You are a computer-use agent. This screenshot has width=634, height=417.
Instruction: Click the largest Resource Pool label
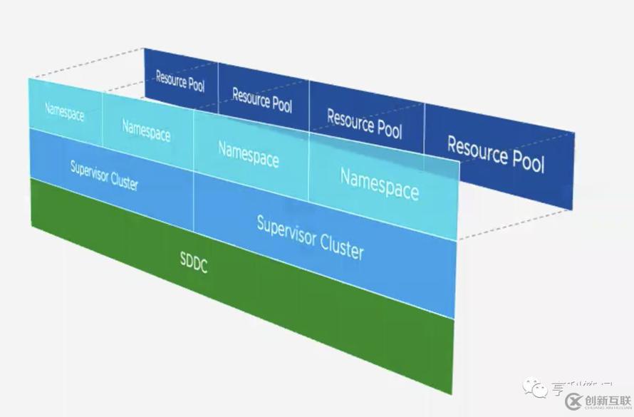(x=495, y=154)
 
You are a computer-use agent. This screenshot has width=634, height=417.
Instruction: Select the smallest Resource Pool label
(x=180, y=81)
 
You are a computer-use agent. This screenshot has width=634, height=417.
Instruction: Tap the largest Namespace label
(x=379, y=183)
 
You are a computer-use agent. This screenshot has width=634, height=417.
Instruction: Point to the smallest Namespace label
(x=64, y=112)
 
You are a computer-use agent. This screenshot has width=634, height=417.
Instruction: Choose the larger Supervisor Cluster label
(x=310, y=236)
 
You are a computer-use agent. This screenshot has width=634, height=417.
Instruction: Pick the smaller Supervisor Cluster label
(x=104, y=175)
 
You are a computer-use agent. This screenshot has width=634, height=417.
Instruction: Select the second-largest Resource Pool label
(x=364, y=123)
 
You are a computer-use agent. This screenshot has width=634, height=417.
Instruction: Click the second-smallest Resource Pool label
(x=261, y=100)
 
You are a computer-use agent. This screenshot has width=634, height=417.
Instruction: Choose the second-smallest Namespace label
(x=146, y=130)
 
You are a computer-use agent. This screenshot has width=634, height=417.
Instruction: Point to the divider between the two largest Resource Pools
(x=425, y=135)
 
